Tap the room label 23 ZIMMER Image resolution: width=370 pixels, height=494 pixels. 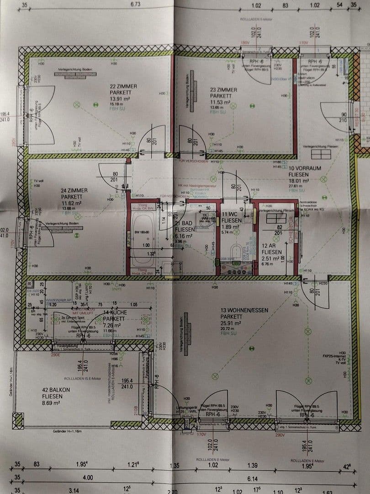point(224,90)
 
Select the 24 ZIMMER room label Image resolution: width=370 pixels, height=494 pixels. point(74,190)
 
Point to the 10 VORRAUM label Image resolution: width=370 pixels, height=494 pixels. point(305,168)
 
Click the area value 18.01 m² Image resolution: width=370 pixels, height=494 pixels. point(299,181)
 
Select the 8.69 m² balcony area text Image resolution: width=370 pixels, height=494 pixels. point(51,403)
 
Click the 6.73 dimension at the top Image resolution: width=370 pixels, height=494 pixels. point(135,4)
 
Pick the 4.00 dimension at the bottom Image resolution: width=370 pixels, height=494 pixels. point(88,478)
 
